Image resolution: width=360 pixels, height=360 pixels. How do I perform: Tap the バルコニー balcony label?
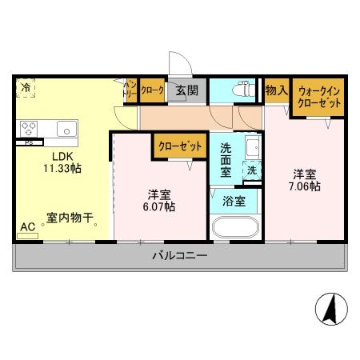coord(180,256)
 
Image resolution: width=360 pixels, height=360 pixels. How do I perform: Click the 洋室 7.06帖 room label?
coord(304,180)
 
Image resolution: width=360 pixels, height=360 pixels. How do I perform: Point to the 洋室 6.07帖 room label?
coord(160,200)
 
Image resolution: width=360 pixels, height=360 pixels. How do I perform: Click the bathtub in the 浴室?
coord(234,227)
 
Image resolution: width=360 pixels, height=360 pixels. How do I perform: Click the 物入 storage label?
coord(276,90)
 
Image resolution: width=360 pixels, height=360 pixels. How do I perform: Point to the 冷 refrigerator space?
coord(26,87)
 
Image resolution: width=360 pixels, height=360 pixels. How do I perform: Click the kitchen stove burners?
coord(30,128)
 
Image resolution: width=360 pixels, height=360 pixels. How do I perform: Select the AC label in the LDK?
coord(27,227)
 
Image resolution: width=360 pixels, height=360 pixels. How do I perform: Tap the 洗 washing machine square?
coord(251,170)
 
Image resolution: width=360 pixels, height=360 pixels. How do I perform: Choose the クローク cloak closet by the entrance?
coord(152,90)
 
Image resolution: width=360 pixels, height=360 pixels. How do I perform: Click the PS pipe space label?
coord(29,144)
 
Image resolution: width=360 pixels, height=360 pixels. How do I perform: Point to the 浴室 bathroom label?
coord(234,201)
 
